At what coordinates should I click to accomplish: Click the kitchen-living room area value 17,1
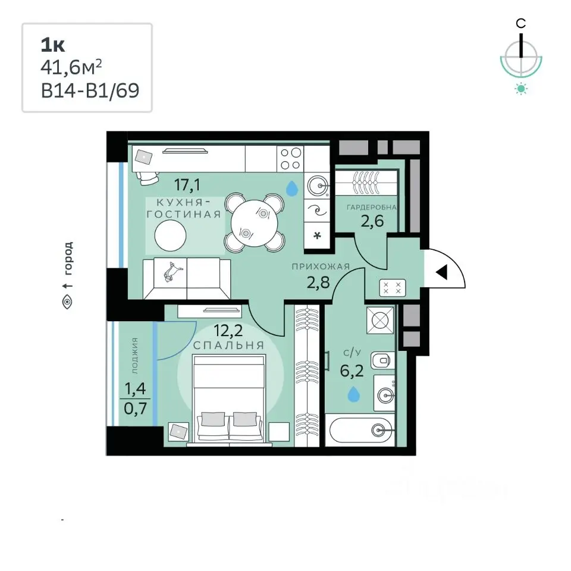point(187,186)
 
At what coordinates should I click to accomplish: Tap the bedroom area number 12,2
point(228,331)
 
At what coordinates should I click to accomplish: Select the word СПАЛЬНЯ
point(228,345)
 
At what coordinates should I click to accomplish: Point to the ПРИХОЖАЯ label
point(321,266)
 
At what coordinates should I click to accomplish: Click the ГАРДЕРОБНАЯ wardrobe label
point(371,207)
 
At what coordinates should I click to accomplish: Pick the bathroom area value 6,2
point(352,371)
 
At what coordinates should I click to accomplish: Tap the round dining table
point(254,222)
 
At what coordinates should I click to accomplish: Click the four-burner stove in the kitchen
point(290,158)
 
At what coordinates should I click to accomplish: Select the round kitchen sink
point(317,186)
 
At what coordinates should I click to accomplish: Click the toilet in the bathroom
point(382,361)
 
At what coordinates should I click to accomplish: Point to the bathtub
point(360,430)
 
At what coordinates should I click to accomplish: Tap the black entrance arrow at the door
point(442,272)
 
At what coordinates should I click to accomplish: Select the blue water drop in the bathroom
point(353,394)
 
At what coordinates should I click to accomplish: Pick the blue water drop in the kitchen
point(291,189)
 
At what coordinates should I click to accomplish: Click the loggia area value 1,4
point(135,388)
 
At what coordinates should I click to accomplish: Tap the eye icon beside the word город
point(67,302)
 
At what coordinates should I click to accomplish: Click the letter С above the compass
point(521,24)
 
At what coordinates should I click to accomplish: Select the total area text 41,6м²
point(71,68)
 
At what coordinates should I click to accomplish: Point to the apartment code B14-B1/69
point(90,90)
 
